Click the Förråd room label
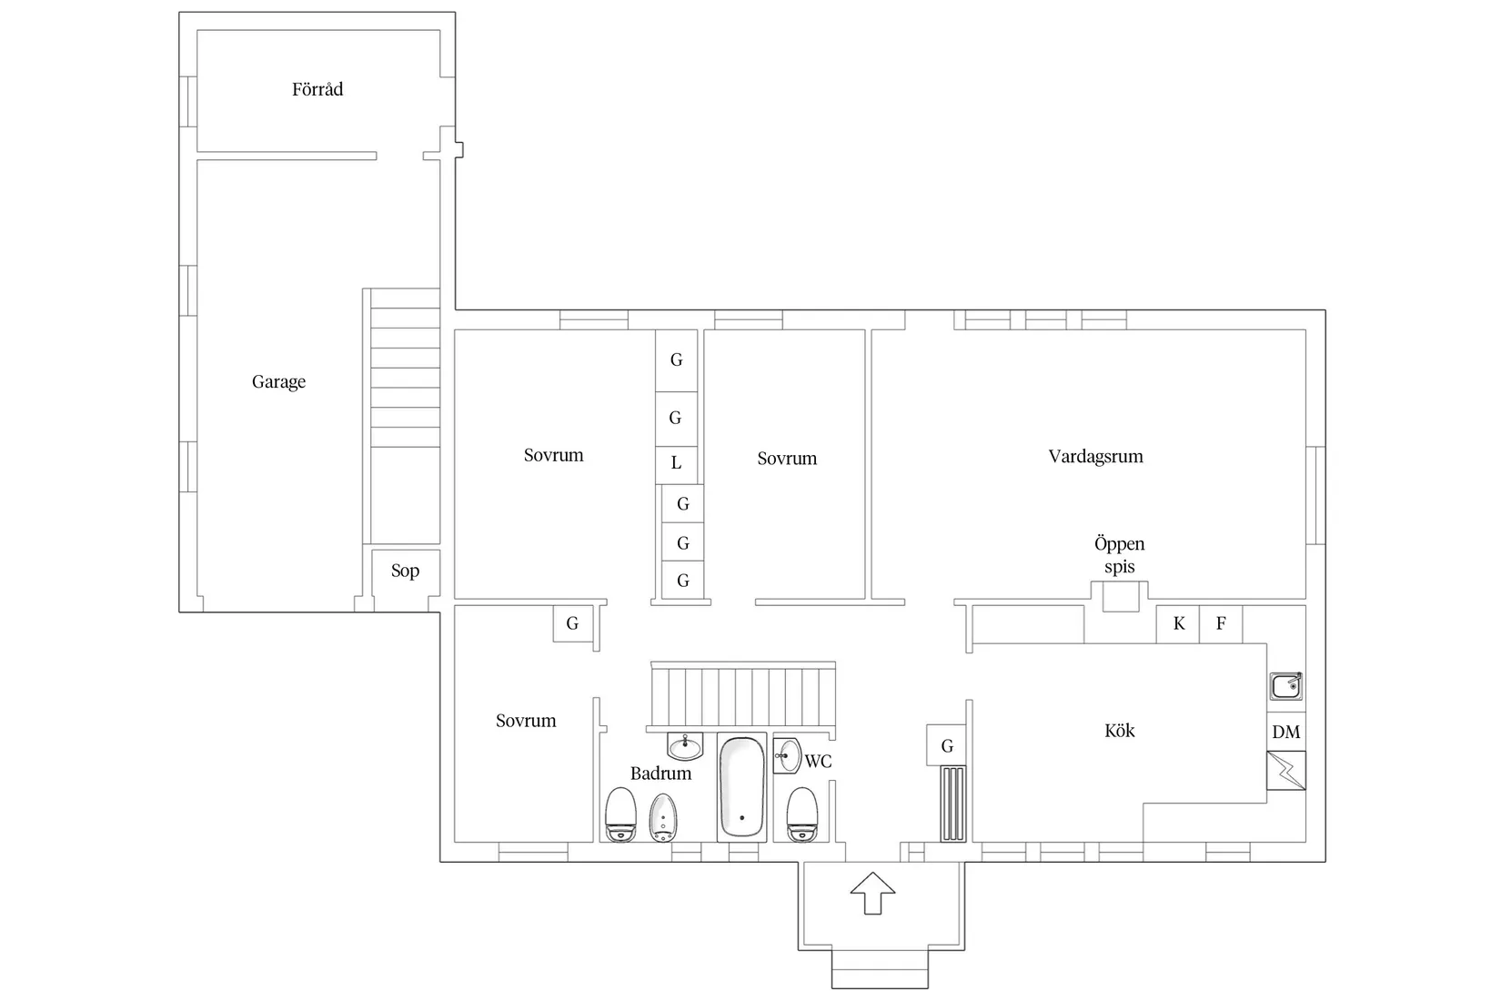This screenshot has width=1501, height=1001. coord(317,89)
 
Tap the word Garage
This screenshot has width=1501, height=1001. coord(278,382)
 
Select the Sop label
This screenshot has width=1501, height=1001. coord(405,571)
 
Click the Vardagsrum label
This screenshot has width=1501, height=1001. coord(1095,457)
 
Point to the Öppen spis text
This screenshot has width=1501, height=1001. coord(1119,555)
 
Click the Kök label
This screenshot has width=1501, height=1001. coord(1119,730)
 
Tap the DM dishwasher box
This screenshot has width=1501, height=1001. coord(1286,732)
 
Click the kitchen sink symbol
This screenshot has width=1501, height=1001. coord(1286,686)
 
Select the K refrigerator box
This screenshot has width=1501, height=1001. coord(1178,624)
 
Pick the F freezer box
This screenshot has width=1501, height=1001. coord(1221,624)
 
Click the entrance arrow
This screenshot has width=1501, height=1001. coord(872,893)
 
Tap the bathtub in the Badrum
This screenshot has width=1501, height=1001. coord(741,787)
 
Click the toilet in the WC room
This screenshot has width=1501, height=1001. coord(801,814)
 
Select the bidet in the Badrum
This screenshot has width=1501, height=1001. coord(663,817)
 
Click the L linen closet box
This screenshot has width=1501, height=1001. coord(676,464)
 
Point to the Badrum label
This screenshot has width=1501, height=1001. coord(660,773)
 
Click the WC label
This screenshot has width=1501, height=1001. coord(818,762)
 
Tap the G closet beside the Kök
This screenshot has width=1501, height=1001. coord(946,745)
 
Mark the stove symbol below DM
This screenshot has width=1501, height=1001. coord(1286,771)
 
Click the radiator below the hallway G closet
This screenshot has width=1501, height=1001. coord(952,804)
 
